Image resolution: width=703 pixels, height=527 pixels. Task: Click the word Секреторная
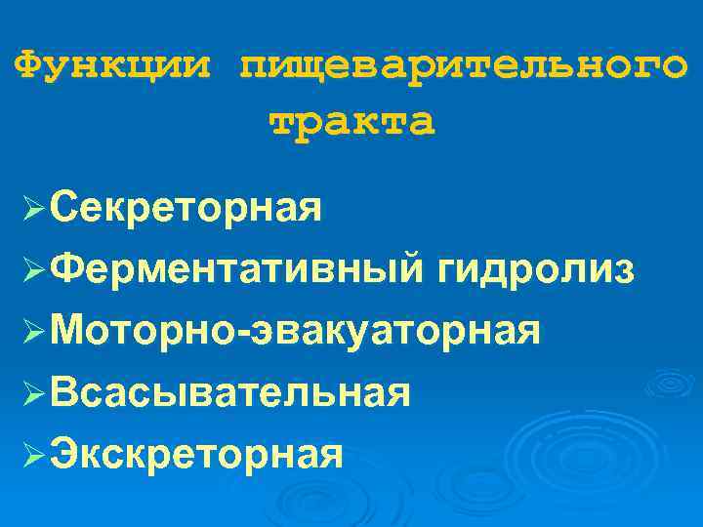click(186, 208)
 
